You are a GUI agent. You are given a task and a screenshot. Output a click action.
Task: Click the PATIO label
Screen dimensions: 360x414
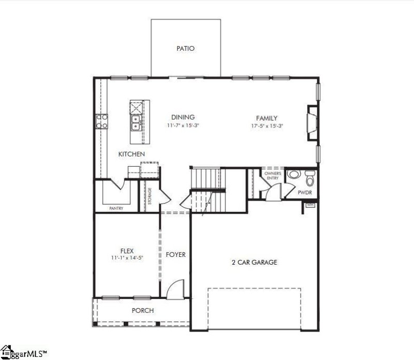click(x=185, y=49)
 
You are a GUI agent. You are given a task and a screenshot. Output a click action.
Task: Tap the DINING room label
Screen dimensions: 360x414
click(x=183, y=118)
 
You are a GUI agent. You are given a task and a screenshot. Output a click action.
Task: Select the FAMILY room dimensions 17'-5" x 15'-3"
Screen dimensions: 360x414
click(x=267, y=126)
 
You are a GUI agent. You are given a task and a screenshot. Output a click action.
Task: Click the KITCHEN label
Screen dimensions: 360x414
click(x=131, y=154)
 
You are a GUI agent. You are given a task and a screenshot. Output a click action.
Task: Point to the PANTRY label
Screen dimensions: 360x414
click(x=116, y=208)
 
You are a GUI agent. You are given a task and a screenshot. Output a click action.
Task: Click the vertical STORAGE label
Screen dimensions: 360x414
click(x=150, y=196)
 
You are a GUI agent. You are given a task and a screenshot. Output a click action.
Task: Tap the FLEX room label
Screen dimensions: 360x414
click(x=127, y=251)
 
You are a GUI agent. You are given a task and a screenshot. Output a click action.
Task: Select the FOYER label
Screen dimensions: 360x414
click(x=175, y=255)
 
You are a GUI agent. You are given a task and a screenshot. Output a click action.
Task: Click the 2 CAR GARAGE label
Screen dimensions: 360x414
click(x=254, y=263)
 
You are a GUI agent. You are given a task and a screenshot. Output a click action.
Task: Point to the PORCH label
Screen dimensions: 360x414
click(x=142, y=311)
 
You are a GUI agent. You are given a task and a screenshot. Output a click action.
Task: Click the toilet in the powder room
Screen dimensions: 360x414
click(x=310, y=179)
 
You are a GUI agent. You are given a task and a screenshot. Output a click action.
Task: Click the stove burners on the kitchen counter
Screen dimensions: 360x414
click(x=101, y=121)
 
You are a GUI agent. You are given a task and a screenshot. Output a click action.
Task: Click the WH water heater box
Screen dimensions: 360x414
click(x=310, y=205)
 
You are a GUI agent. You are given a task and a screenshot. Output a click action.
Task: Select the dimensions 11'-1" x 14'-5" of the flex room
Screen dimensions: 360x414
click(x=127, y=258)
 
